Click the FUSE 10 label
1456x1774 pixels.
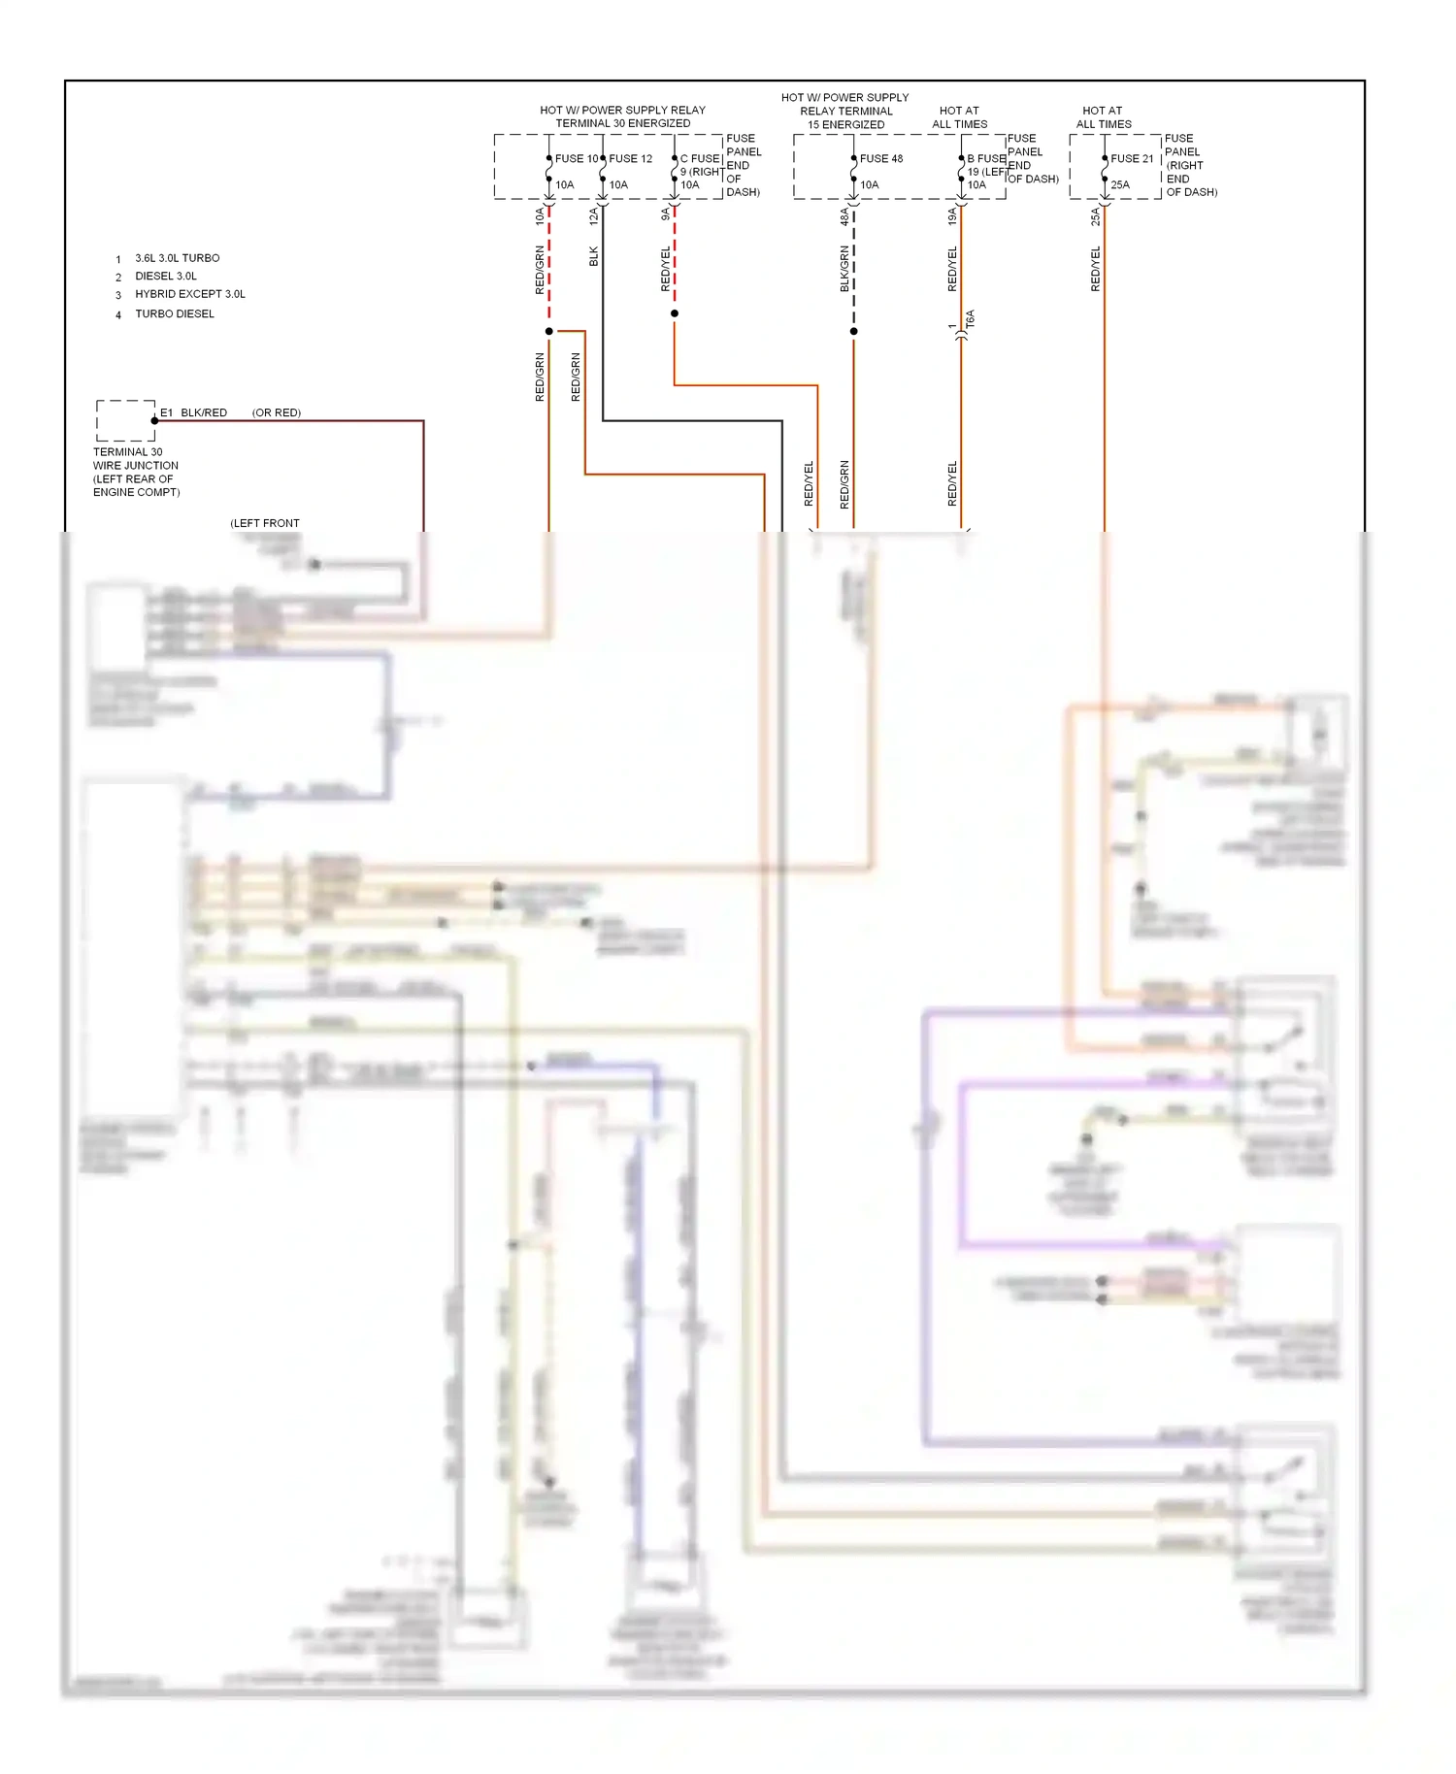pos(577,158)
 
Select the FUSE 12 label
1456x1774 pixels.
pos(631,158)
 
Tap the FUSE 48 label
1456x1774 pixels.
pos(881,158)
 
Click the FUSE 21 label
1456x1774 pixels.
pos(1132,158)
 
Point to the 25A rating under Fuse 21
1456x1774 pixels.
pos(1120,184)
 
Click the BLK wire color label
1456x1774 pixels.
pos(594,256)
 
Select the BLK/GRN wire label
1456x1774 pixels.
pos(844,269)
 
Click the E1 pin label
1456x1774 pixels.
pos(166,412)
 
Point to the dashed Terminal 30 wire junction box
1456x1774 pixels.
pos(125,421)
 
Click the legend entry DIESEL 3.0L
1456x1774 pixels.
pos(166,277)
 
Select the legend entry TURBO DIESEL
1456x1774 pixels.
pos(175,314)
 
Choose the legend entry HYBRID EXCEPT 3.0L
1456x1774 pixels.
pos(190,294)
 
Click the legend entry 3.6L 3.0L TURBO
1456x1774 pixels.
pos(178,258)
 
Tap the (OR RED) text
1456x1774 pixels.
pos(277,412)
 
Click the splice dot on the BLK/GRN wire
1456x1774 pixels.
pos(854,332)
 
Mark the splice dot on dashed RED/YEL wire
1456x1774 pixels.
pos(675,313)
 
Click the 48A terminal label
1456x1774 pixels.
pos(844,215)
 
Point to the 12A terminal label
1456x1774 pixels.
pos(594,215)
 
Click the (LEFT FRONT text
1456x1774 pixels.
pos(265,523)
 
